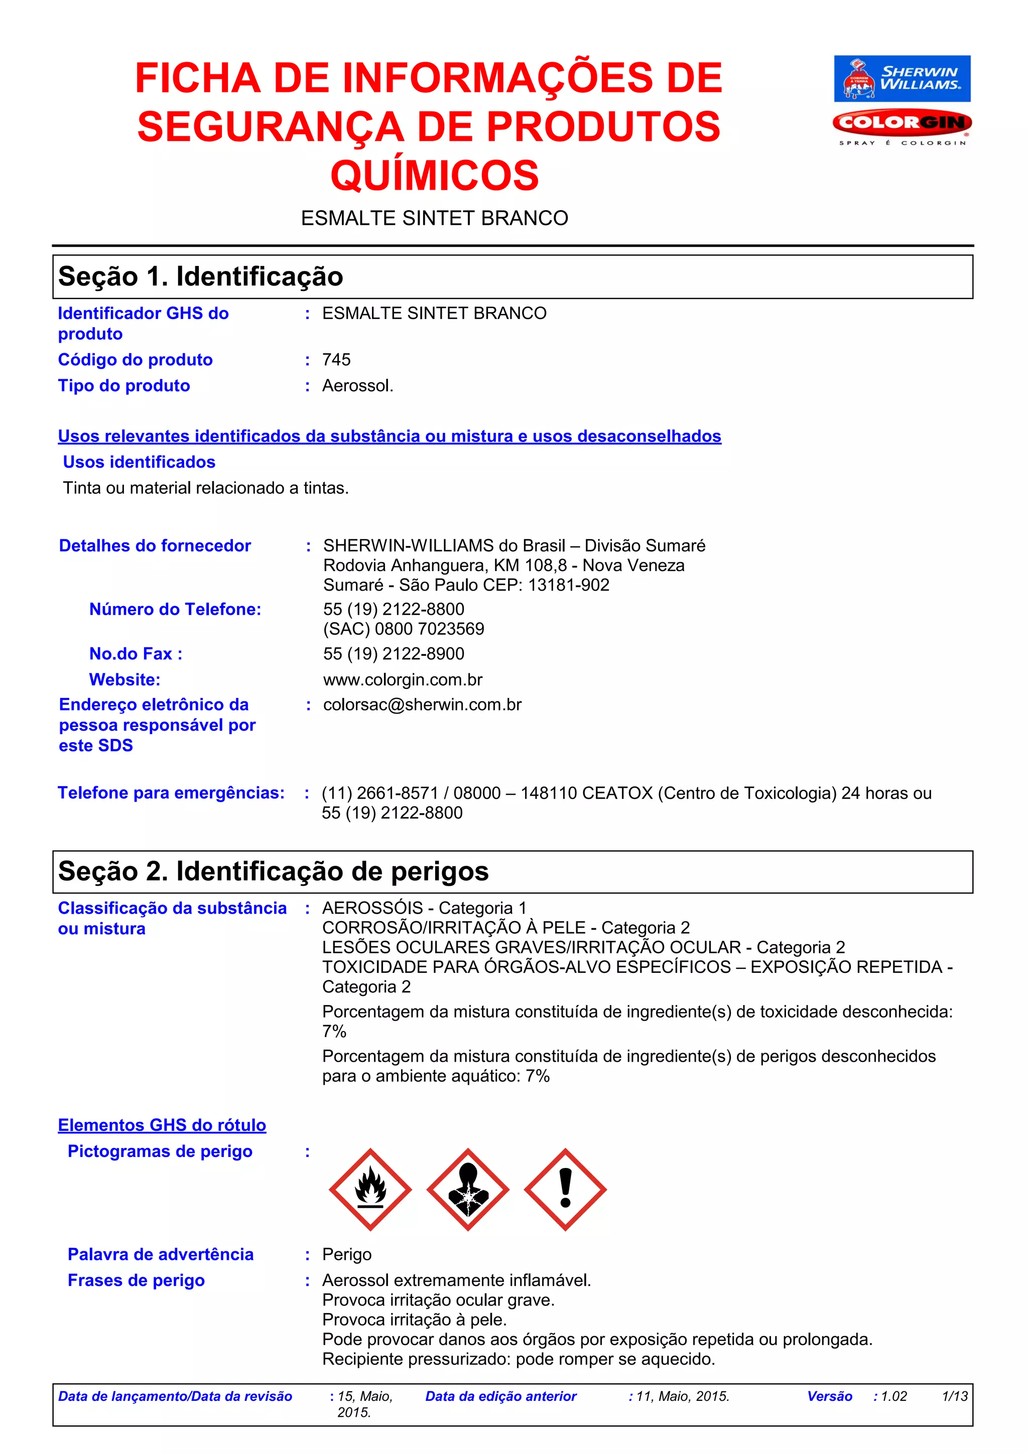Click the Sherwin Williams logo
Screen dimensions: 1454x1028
pyautogui.click(x=902, y=79)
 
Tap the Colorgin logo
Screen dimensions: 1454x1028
pyautogui.click(x=902, y=123)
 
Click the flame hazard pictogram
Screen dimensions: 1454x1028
pyautogui.click(x=370, y=1189)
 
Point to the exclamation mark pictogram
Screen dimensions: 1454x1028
pyautogui.click(x=565, y=1189)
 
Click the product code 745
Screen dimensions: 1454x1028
pyautogui.click(x=336, y=360)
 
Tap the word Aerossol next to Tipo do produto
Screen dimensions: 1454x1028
pyautogui.click(x=357, y=386)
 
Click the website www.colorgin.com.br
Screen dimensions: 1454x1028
pyautogui.click(x=403, y=679)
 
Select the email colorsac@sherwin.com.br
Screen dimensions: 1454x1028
pyautogui.click(x=423, y=705)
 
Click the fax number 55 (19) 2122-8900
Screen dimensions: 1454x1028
pyautogui.click(x=394, y=654)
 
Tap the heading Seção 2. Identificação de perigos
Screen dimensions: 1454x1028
pyautogui.click(x=273, y=871)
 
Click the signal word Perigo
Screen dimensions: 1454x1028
pyautogui.click(x=346, y=1254)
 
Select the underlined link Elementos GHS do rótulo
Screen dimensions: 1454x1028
pyautogui.click(x=162, y=1125)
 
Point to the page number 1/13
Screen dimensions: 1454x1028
pyautogui.click(x=955, y=1396)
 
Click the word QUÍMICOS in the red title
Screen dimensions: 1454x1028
pyautogui.click(x=435, y=176)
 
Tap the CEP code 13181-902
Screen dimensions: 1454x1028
pyautogui.click(x=568, y=585)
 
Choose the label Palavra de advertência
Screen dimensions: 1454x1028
pyautogui.click(x=160, y=1254)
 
